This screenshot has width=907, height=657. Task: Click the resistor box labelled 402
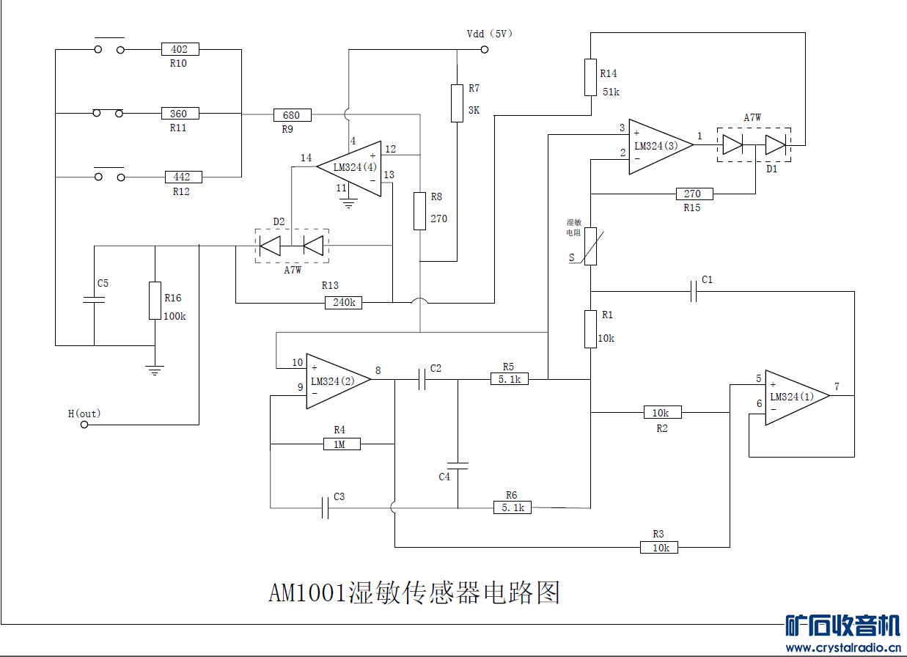pyautogui.click(x=180, y=49)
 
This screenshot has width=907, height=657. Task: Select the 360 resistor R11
pyautogui.click(x=180, y=114)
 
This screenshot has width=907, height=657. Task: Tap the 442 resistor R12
pyautogui.click(x=183, y=177)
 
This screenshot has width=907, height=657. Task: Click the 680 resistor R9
pyautogui.click(x=292, y=115)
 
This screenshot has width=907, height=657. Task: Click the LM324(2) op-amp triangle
pyautogui.click(x=334, y=381)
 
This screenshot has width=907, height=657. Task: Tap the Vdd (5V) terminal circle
pyautogui.click(x=484, y=50)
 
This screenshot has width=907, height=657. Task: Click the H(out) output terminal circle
pyautogui.click(x=84, y=425)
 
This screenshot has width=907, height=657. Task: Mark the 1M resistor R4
pyautogui.click(x=342, y=444)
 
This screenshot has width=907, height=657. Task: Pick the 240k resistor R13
pyautogui.click(x=343, y=302)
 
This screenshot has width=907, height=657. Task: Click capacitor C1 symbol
pyautogui.click(x=694, y=292)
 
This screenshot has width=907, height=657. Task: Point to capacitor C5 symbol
pyautogui.click(x=94, y=300)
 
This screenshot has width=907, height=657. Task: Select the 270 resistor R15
pyautogui.click(x=693, y=194)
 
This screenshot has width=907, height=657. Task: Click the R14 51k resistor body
pyautogui.click(x=590, y=78)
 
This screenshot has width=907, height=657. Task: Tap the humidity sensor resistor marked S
pyautogui.click(x=591, y=246)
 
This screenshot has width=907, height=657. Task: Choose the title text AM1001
pyautogui.click(x=306, y=592)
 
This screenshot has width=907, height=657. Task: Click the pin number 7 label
pyautogui.click(x=837, y=386)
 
